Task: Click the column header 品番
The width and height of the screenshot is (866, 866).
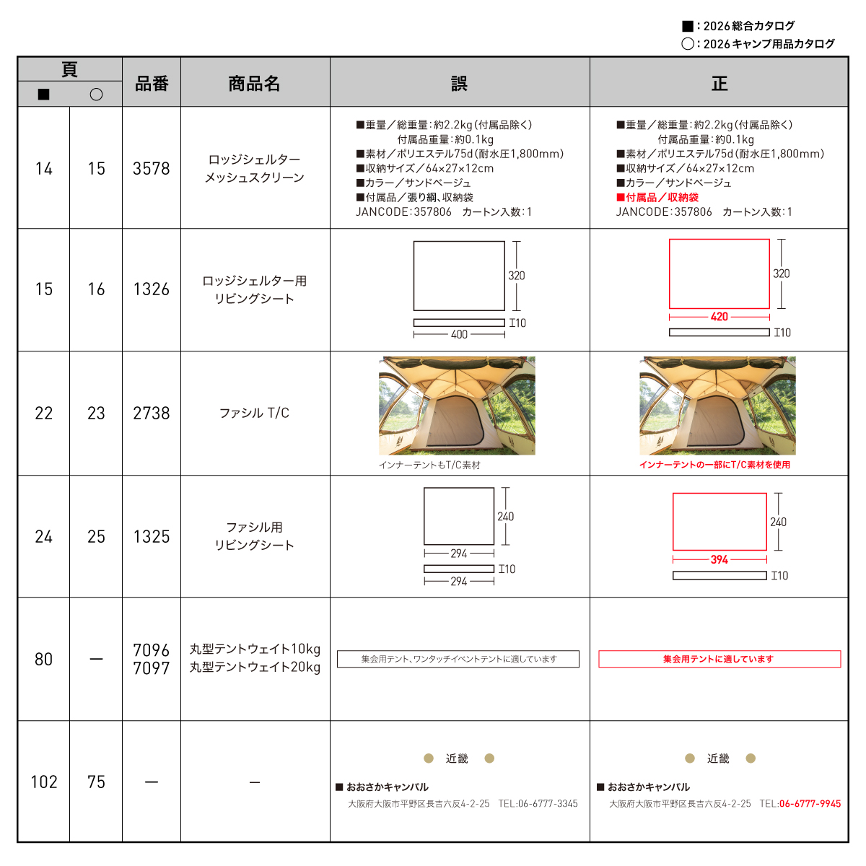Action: (x=152, y=84)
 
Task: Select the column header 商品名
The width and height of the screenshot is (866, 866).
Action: (x=254, y=84)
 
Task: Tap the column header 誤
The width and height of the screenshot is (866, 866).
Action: (x=459, y=84)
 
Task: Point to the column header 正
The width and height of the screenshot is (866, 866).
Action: (x=719, y=84)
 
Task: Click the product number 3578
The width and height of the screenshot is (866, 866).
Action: (x=152, y=169)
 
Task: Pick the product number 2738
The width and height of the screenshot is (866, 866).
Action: (x=152, y=413)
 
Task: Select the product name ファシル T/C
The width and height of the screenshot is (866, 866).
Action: (x=254, y=413)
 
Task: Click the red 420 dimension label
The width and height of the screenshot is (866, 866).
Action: (x=719, y=317)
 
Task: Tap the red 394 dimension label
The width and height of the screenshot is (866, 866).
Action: (x=719, y=559)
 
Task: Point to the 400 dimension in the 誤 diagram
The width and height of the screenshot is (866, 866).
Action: (x=459, y=334)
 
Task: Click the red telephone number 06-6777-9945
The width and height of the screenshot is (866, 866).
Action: (x=810, y=803)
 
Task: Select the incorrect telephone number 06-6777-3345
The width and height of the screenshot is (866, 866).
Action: (x=548, y=803)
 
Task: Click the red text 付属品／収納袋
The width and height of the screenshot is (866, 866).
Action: (x=657, y=197)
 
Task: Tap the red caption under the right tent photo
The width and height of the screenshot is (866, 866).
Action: (x=714, y=465)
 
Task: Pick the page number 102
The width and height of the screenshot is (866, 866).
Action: (x=43, y=782)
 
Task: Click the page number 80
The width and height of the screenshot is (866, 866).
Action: (x=43, y=660)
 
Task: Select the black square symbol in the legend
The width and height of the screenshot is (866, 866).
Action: (x=687, y=26)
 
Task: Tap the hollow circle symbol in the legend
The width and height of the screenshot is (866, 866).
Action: (x=687, y=43)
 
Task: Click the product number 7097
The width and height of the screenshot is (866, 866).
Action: (x=152, y=668)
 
